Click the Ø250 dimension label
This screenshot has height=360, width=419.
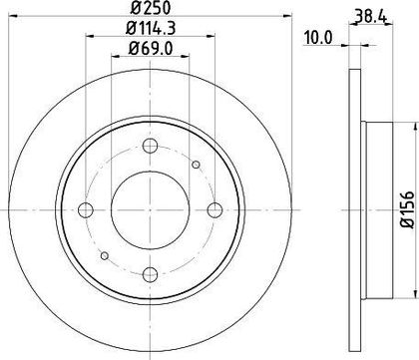coord(151,8)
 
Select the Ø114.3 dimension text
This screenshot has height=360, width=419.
coord(151,28)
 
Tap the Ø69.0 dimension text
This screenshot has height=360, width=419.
coord(151,49)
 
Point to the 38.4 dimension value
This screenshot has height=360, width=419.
coord(370,16)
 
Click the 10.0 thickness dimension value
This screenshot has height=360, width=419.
coord(318,38)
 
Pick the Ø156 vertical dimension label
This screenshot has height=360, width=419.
coord(407,209)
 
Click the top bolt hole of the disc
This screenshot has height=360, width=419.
coord(150,146)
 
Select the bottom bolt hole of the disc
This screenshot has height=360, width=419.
coord(150,274)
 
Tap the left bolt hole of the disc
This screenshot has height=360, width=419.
coord(86,209)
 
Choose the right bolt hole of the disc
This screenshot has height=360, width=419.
coord(214,209)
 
